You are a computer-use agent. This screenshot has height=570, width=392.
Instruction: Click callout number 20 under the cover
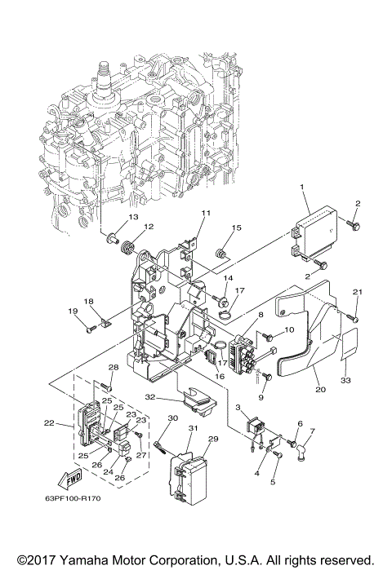pos(320,390)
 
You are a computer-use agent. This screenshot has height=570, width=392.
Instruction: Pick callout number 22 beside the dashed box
pos(49,422)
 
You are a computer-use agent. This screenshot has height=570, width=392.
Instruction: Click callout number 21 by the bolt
pos(356,291)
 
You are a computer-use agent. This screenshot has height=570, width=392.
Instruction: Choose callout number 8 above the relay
pos(260,315)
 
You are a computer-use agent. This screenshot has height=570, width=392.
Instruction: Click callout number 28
pos(114,367)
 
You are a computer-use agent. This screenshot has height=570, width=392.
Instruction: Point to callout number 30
pos(172,418)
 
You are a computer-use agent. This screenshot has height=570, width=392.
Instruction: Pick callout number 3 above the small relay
pos(238,406)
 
